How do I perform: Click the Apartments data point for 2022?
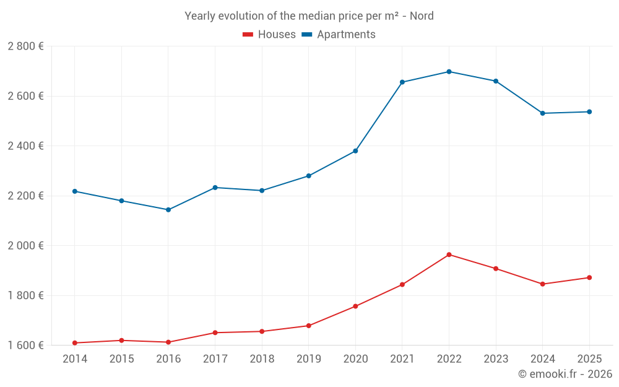(449, 72)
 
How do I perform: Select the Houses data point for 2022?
(449, 254)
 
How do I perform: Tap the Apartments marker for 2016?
(168, 210)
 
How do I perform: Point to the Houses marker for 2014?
(75, 343)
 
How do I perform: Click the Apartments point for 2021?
(402, 82)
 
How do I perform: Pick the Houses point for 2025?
(589, 277)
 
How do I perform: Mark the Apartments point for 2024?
(542, 113)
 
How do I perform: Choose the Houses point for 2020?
(355, 307)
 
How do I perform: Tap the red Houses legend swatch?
(248, 35)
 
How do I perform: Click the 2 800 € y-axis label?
(25, 46)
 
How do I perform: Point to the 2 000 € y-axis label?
(25, 246)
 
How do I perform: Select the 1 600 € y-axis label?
(25, 346)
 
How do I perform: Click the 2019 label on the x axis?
(308, 359)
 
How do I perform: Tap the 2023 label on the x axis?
(495, 359)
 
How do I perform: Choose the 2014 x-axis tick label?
(75, 359)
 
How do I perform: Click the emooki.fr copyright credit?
(565, 374)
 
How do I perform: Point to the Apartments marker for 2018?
(262, 191)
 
